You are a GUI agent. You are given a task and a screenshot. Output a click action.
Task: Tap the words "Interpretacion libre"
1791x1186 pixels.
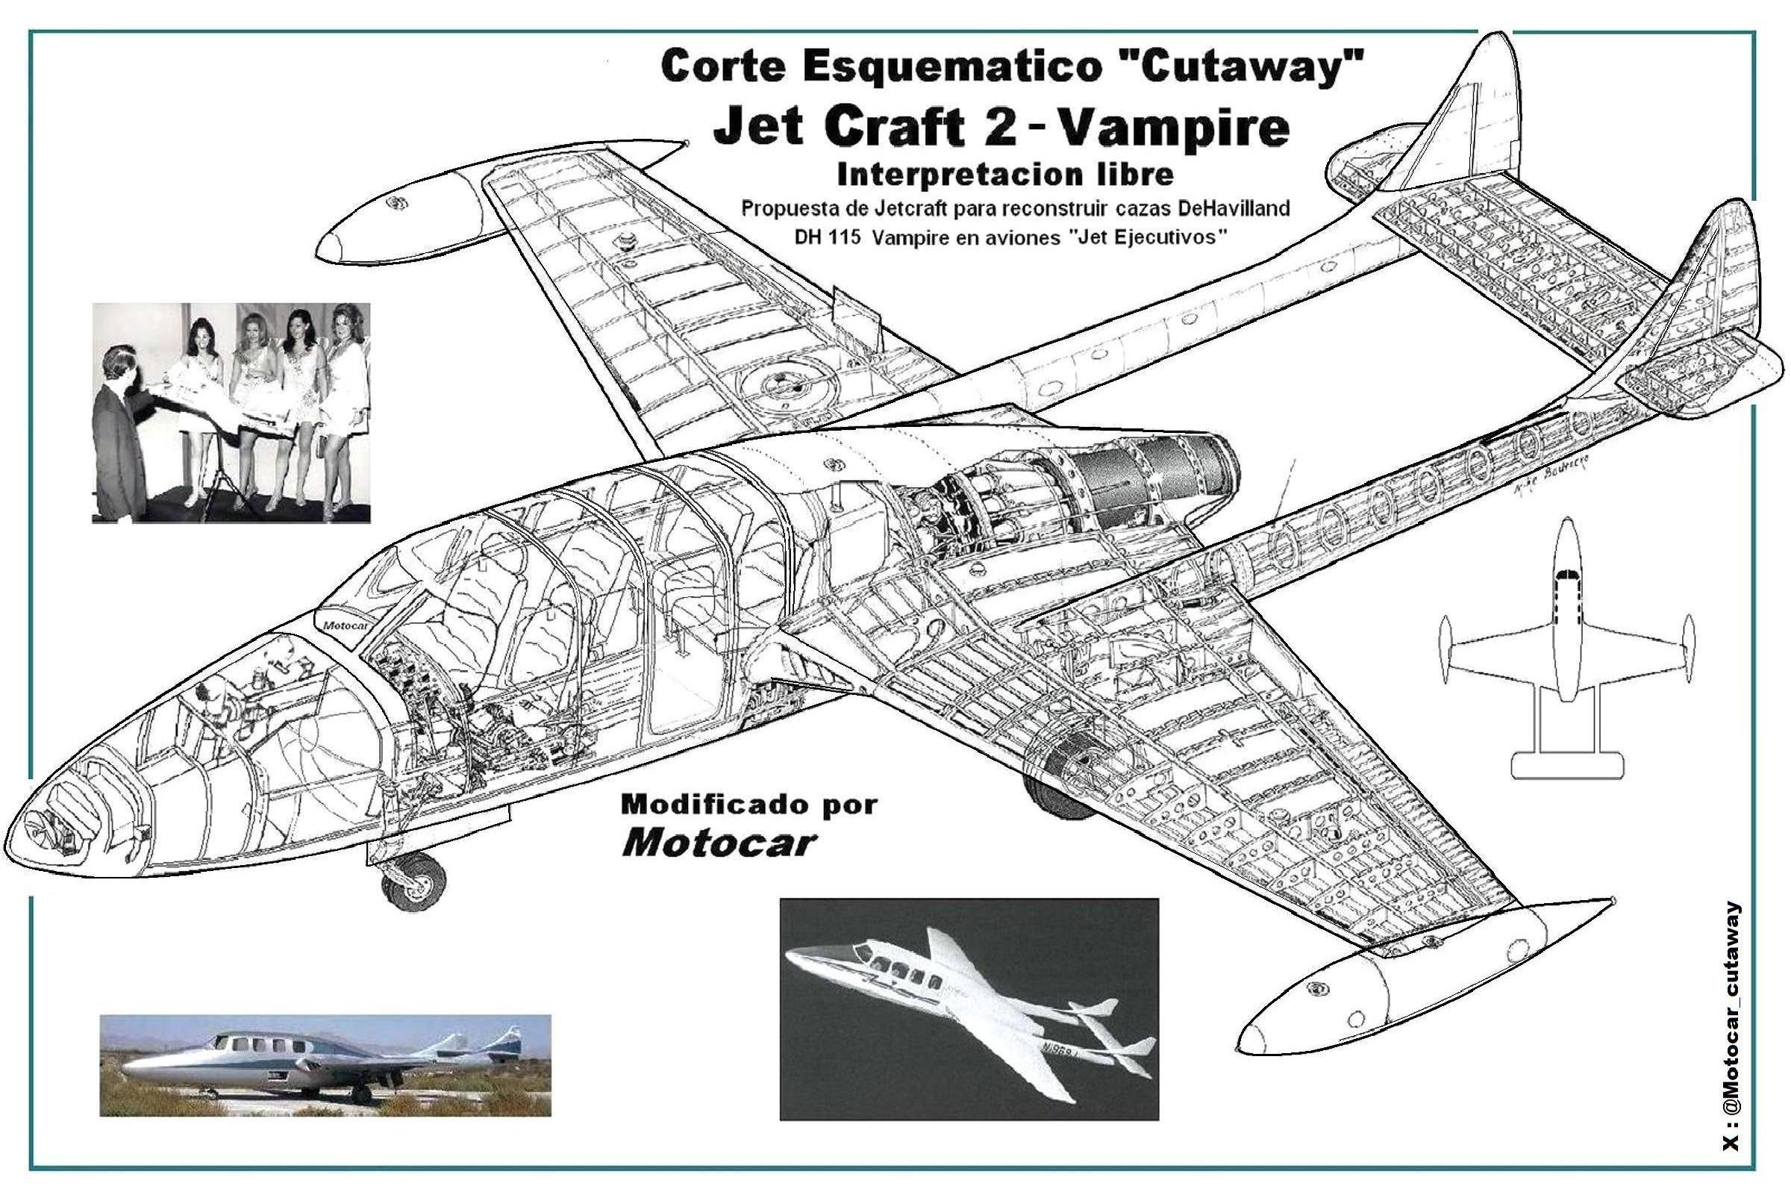[x=1004, y=174]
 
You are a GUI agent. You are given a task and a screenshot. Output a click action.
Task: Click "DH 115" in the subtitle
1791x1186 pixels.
[x=824, y=237]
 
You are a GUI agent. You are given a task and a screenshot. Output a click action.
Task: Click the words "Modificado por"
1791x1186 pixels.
[x=748, y=805]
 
